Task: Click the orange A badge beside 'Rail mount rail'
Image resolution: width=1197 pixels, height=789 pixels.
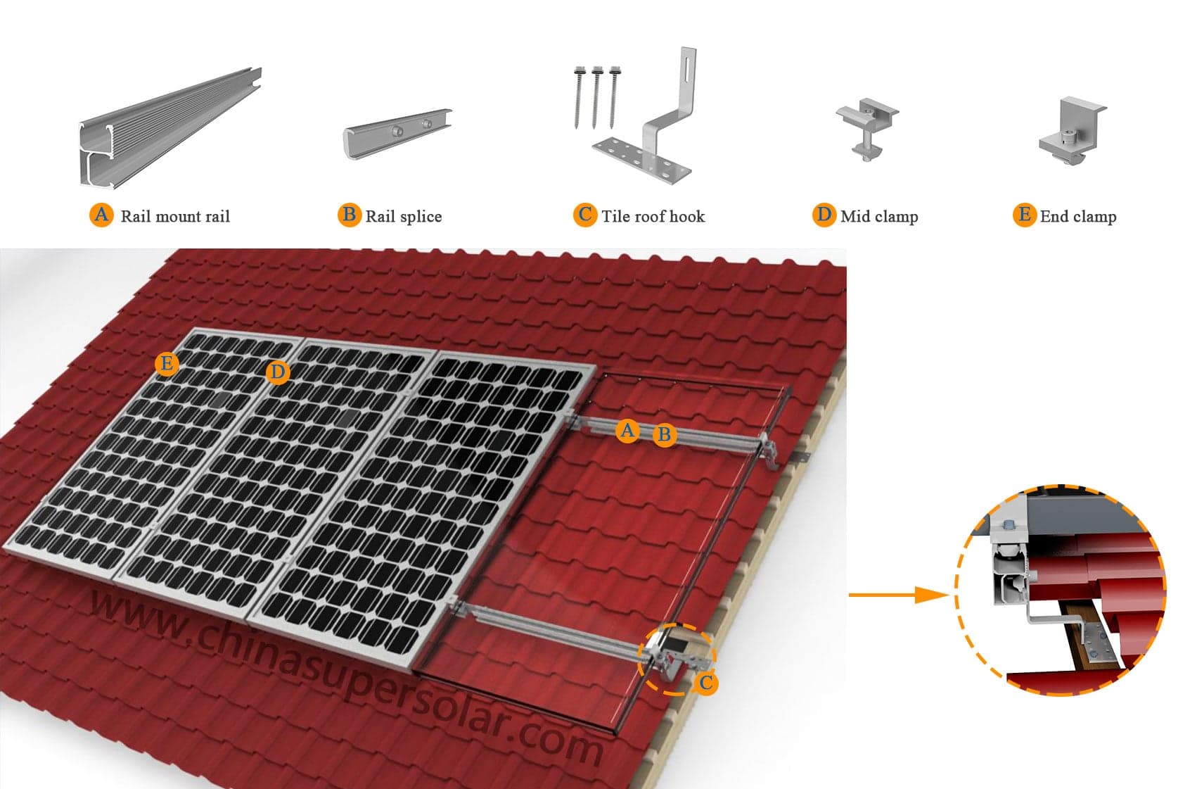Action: (x=101, y=215)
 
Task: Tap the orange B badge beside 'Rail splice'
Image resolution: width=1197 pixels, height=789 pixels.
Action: (x=350, y=215)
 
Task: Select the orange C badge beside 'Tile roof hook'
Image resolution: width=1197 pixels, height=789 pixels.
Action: (x=585, y=215)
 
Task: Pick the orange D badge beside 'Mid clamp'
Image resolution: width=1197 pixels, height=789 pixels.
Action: (x=824, y=215)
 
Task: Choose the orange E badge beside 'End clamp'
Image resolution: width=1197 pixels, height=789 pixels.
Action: (x=1025, y=215)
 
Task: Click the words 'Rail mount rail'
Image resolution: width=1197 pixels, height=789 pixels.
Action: (x=175, y=216)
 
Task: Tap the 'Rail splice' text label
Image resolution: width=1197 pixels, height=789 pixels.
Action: (x=404, y=217)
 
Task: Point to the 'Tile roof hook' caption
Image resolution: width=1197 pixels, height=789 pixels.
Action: (x=653, y=216)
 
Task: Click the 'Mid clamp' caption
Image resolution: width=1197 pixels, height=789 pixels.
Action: (x=879, y=217)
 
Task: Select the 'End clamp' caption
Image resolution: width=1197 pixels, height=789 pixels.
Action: (x=1078, y=217)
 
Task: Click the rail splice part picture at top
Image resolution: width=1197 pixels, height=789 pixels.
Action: (x=397, y=134)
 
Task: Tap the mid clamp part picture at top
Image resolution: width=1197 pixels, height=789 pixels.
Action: (x=866, y=129)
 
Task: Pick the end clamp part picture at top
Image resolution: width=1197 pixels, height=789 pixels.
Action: (x=1070, y=131)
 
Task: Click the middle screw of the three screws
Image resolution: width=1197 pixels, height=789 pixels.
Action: (x=596, y=97)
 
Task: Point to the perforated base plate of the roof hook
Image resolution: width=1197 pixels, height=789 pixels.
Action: (x=641, y=159)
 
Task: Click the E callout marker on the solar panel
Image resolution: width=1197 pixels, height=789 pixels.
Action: (x=167, y=365)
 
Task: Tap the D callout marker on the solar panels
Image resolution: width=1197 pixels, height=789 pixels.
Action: (x=278, y=372)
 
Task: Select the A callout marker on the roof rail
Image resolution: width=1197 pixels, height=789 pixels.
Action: (x=627, y=431)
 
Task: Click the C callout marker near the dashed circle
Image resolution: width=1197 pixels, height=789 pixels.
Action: (x=705, y=683)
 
